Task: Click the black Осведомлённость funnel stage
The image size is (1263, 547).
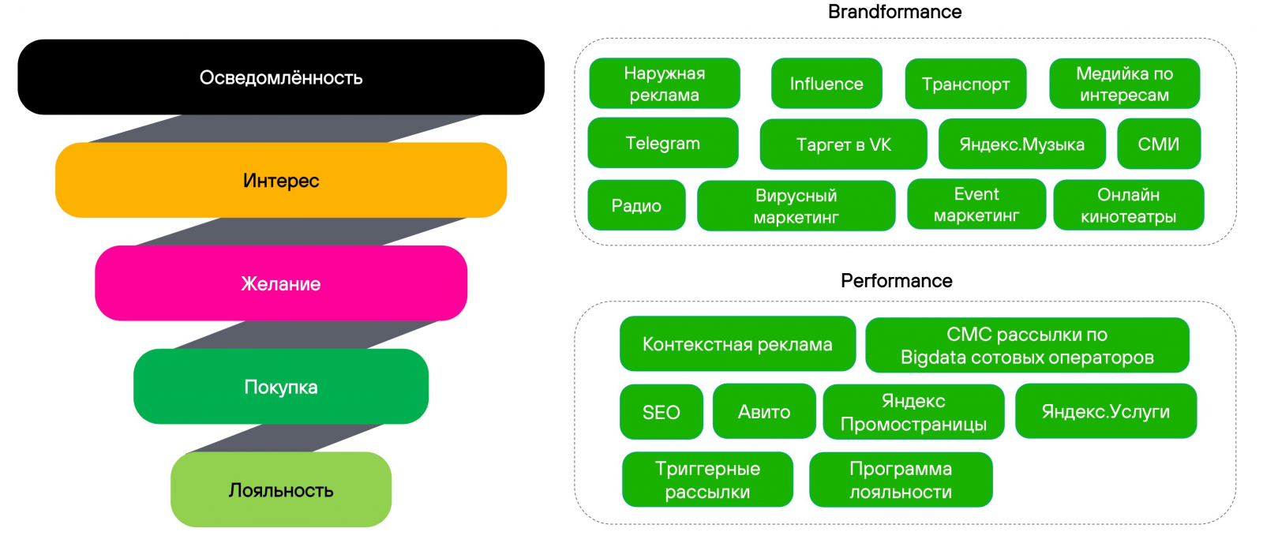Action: (280, 77)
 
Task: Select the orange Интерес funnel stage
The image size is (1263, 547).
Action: (280, 180)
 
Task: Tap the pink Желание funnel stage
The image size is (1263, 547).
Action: (280, 283)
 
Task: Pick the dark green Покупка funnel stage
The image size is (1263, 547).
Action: (280, 387)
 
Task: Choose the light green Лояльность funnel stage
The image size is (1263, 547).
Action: (280, 489)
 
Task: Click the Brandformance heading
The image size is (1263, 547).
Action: (894, 12)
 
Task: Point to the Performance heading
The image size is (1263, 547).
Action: (896, 281)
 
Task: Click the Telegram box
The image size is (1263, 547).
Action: (663, 143)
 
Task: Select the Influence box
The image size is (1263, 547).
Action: (826, 84)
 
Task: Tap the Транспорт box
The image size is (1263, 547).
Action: (965, 84)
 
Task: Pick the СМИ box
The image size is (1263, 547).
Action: (1158, 144)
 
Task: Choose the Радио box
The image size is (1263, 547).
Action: (636, 205)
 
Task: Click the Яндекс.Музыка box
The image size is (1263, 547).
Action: (1021, 144)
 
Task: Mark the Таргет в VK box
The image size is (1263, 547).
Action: (843, 144)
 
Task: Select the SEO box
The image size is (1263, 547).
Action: (661, 412)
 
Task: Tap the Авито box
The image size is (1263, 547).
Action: (763, 411)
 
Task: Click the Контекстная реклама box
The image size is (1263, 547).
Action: (737, 344)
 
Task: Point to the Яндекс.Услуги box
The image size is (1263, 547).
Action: (1105, 411)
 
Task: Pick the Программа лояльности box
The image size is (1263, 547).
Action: (900, 480)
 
